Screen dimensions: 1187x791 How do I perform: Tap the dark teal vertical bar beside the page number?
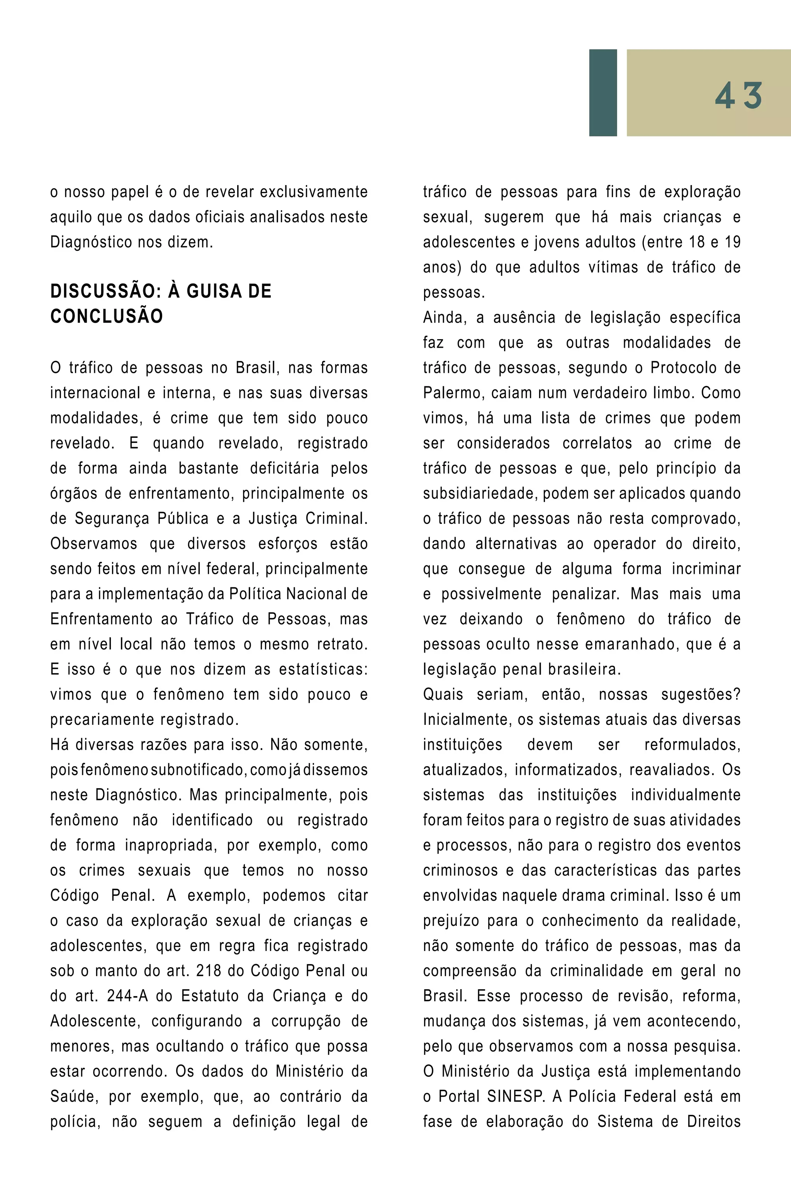[x=603, y=92]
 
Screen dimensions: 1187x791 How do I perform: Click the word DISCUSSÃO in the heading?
[x=105, y=291]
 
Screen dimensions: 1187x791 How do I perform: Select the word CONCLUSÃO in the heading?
[x=107, y=316]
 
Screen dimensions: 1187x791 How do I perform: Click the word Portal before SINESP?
[x=458, y=1096]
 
